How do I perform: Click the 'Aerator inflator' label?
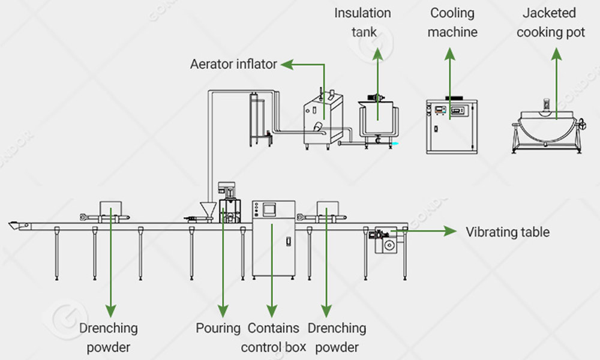233,64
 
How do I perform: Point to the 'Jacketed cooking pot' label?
550,22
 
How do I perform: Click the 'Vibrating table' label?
508,232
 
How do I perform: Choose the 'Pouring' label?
218,328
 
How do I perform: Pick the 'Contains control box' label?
274,337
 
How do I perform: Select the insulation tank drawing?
377,119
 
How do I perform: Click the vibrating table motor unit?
385,240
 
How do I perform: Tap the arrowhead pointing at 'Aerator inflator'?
286,64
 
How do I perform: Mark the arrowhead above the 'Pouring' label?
222,311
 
